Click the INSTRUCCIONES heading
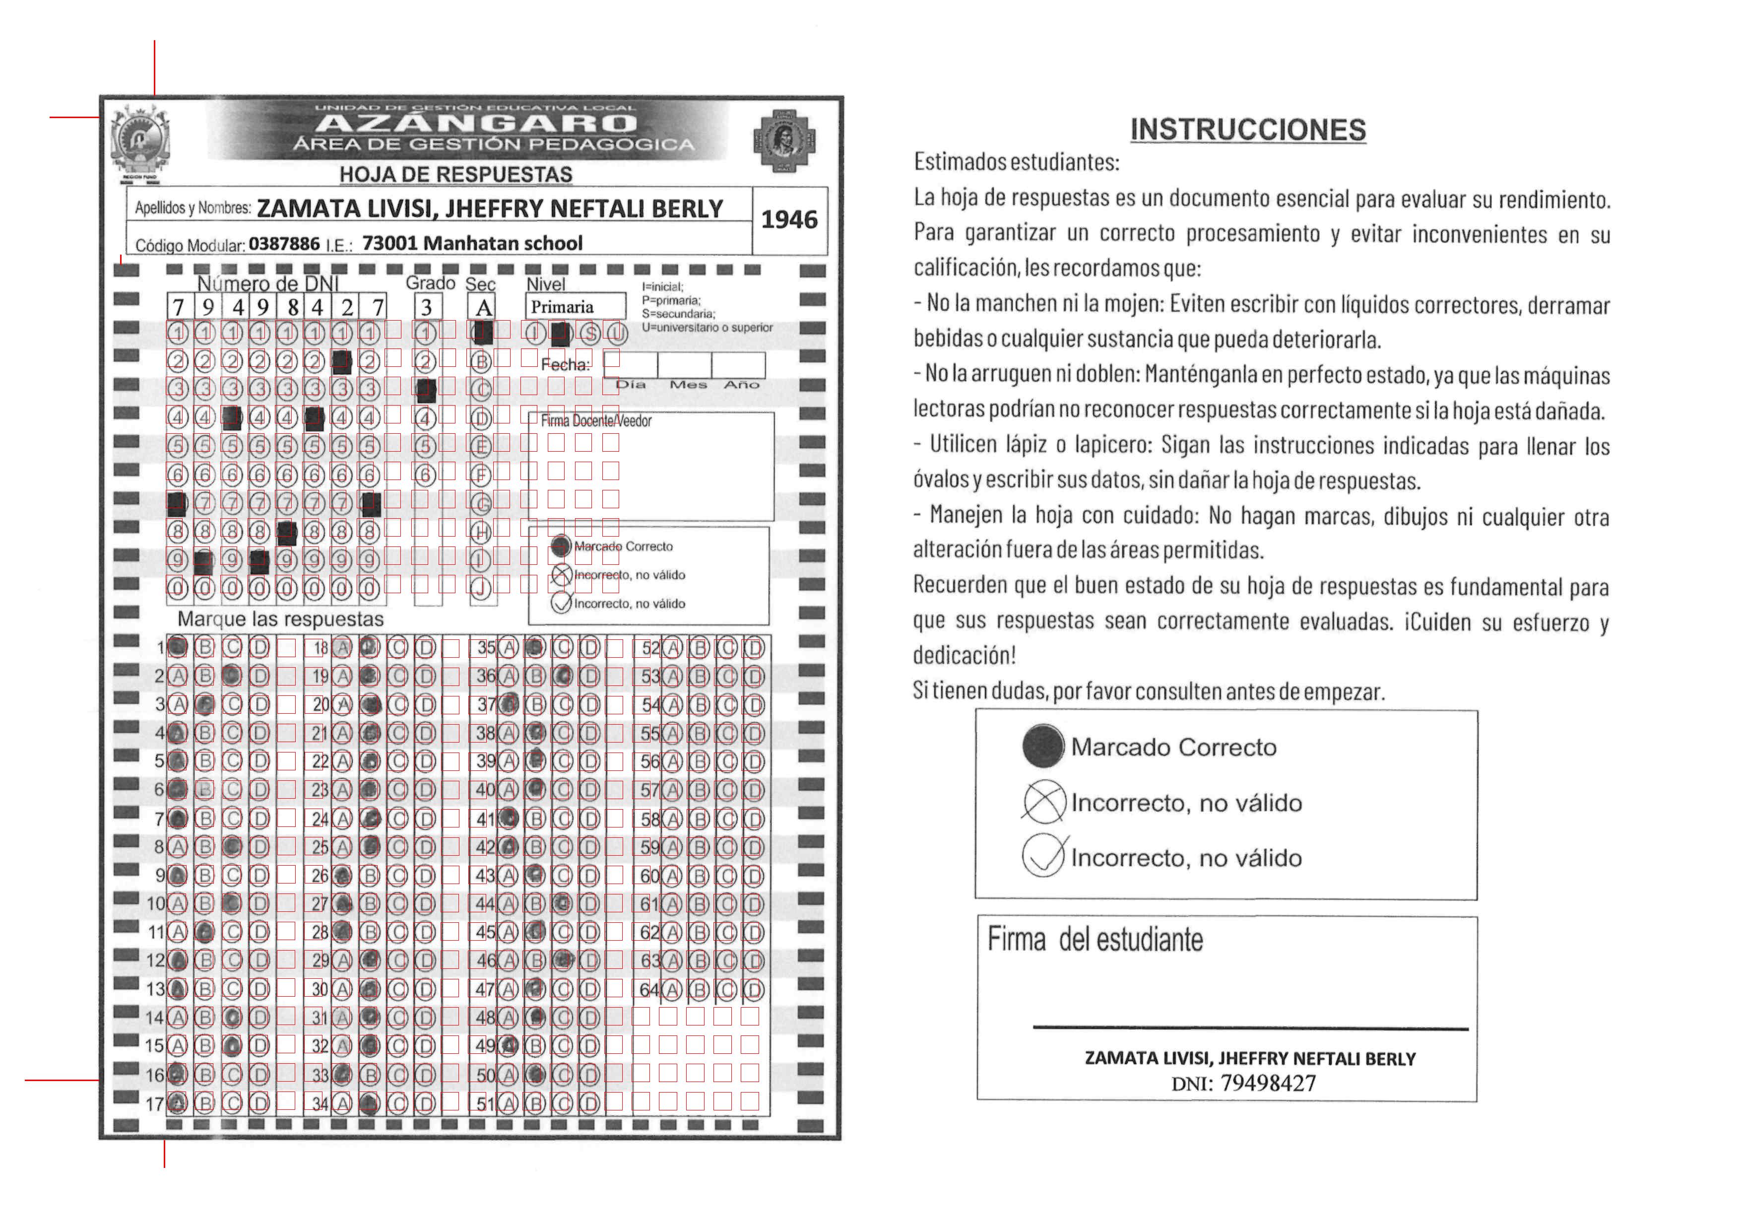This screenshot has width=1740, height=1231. pos(1247,130)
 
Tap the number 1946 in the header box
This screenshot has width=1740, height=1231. pos(789,220)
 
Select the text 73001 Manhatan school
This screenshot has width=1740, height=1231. pos(472,243)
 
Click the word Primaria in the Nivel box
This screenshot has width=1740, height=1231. pos(562,307)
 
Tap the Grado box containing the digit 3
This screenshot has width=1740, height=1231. pos(427,307)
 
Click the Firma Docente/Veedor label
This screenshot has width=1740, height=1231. pos(596,421)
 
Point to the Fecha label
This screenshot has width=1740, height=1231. pos(565,365)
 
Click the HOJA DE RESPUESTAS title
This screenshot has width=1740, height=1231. pos(455,174)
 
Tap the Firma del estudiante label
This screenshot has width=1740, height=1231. pos(1095,940)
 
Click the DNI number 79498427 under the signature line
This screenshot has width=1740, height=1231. pos(1268,1083)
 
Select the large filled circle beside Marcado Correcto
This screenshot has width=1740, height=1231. pos(1043,746)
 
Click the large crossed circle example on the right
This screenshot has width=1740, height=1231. pos(1043,802)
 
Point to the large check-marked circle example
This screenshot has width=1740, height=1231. pos(1043,857)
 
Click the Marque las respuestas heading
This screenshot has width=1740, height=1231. pos(280,619)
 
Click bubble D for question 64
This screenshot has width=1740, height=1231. pos(753,989)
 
